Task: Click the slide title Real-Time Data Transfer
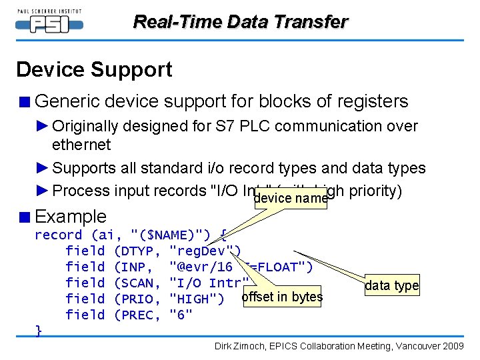point(240,22)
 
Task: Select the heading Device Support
point(94,69)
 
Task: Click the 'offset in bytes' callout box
point(282,297)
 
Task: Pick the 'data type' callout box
point(392,286)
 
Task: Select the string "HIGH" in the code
point(197,299)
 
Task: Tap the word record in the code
point(58,235)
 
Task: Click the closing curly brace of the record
point(39,331)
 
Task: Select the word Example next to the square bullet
point(71,217)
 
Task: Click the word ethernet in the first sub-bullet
point(81,145)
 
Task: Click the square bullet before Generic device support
point(23,102)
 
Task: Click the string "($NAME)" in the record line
point(171,235)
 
